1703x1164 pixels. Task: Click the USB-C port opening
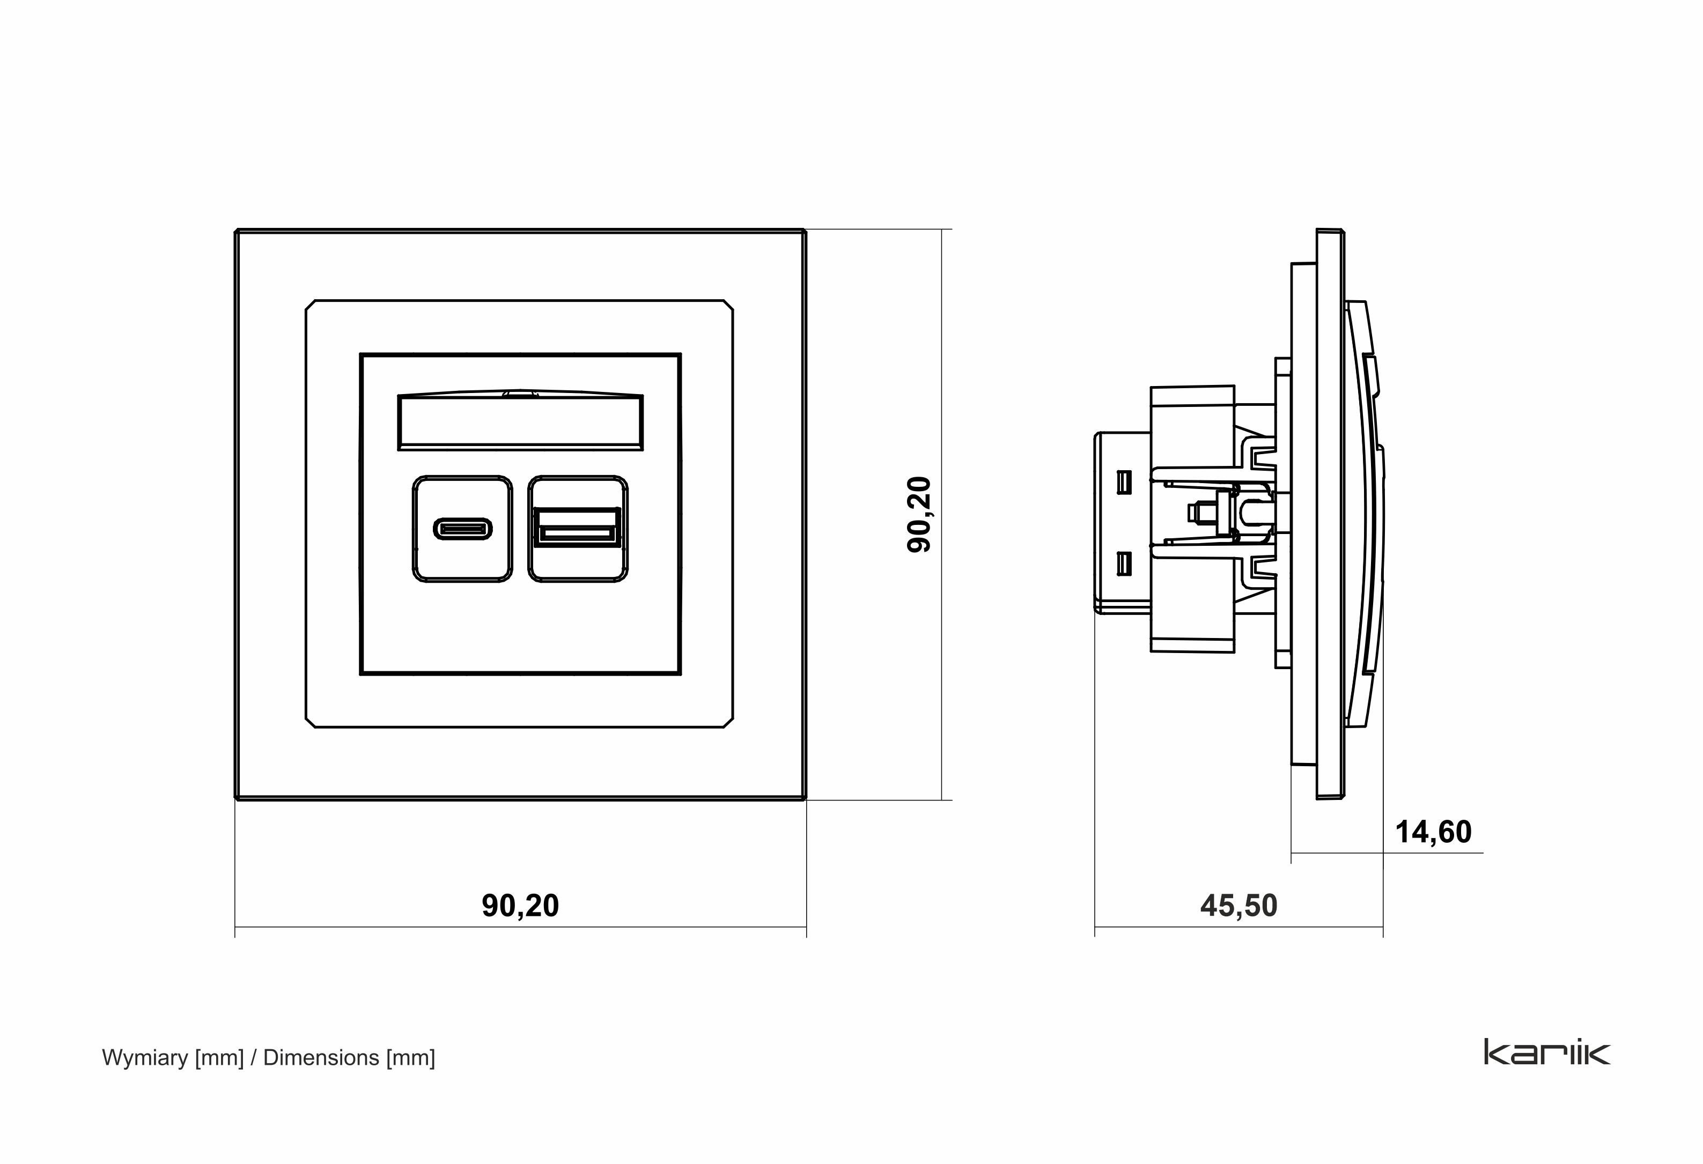click(x=462, y=528)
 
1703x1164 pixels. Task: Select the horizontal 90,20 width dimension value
click(x=520, y=906)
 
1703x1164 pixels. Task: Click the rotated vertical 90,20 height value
click(x=919, y=514)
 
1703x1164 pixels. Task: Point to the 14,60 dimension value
click(x=1433, y=832)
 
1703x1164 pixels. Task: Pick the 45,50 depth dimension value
click(x=1238, y=906)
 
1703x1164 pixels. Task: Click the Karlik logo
click(x=1547, y=1052)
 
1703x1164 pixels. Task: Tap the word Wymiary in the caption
click(x=145, y=1058)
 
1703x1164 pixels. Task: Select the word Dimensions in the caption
click(x=321, y=1058)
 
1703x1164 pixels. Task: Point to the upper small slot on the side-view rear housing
click(x=1123, y=481)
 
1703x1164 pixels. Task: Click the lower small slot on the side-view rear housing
click(x=1123, y=564)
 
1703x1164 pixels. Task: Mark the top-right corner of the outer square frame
click(x=804, y=232)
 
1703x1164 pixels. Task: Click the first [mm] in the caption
click(x=219, y=1058)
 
